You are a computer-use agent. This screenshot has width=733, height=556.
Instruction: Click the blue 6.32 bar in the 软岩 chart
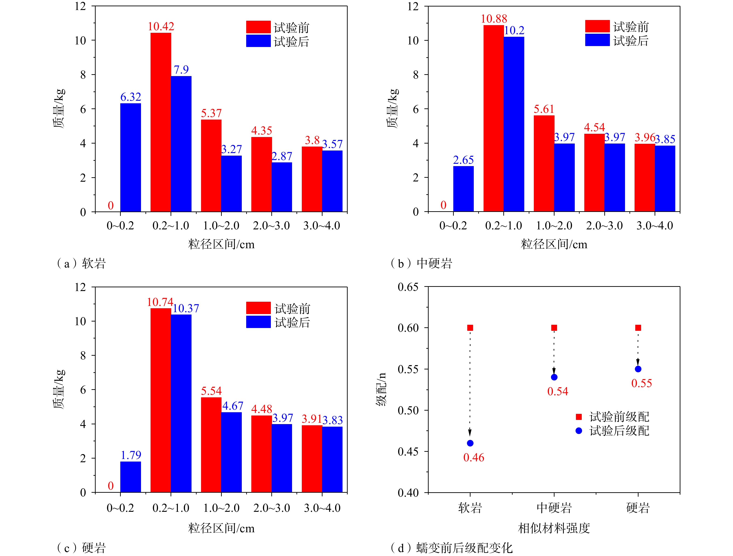point(131,157)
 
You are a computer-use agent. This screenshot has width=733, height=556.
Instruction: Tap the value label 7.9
point(181,70)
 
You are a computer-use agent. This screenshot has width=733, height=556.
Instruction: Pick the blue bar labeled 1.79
point(131,477)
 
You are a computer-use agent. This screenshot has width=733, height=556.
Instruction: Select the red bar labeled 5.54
point(211,445)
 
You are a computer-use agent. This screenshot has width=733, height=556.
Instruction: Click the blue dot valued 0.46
point(470,443)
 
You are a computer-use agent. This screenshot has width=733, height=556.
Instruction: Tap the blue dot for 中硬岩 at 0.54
point(554,377)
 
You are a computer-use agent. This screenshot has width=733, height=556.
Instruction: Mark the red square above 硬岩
point(638,328)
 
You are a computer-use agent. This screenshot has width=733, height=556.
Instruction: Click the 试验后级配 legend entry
point(613,431)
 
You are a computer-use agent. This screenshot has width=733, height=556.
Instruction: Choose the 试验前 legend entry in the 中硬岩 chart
point(616,27)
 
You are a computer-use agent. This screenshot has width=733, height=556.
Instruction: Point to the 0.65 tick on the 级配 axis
point(408,287)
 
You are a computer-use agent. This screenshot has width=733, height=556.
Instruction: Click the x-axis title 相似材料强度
point(554,528)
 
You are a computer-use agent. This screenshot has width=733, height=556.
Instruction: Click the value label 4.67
point(233,406)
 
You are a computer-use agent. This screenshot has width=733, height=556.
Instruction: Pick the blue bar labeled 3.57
point(332,181)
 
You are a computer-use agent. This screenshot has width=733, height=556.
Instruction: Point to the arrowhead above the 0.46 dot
point(470,432)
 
